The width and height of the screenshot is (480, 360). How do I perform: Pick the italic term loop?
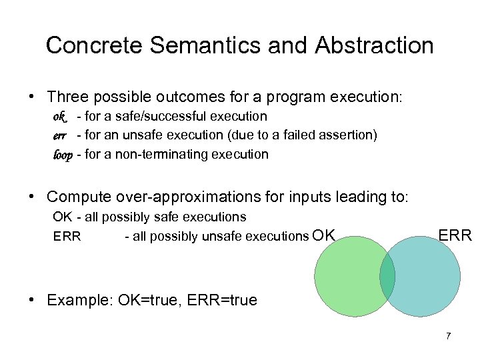[x=63, y=155]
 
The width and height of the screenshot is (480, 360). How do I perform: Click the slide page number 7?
[x=449, y=335]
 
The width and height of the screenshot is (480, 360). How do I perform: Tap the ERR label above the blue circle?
[x=455, y=235]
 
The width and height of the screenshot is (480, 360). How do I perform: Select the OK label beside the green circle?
[x=323, y=235]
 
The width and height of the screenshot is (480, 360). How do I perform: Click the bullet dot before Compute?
[x=32, y=197]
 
